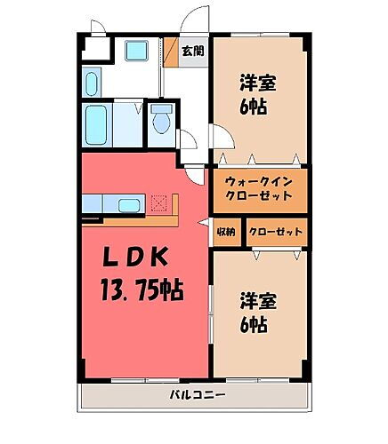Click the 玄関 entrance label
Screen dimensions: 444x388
pos(193,51)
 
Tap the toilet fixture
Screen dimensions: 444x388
pos(161,119)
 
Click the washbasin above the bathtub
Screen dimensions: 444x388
pos(92,83)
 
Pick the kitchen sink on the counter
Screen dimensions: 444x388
pos(129,206)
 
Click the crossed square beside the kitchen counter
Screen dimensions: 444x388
pos(159,203)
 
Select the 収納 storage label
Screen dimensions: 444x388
pos(226,232)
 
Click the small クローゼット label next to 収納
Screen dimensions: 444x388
pos(275,232)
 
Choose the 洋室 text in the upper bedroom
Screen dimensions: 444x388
pos(257,83)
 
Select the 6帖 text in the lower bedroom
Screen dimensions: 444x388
pos(257,325)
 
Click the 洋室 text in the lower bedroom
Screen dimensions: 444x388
pos(257,300)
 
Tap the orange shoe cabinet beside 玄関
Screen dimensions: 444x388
pos(171,52)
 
